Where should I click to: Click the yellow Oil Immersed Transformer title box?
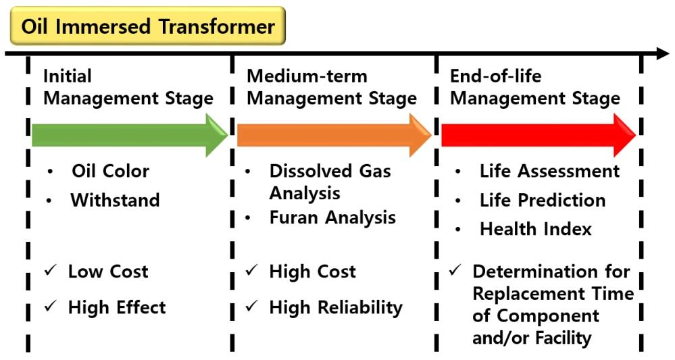click(x=148, y=26)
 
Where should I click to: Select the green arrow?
click(x=130, y=135)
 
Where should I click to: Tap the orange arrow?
click(x=334, y=135)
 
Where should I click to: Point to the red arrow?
click(x=539, y=135)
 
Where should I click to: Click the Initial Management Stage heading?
click(x=128, y=87)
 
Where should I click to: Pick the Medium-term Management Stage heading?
click(x=332, y=87)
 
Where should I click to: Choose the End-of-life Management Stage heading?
click(x=535, y=87)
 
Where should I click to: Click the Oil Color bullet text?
click(x=111, y=171)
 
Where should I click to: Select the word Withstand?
click(x=116, y=200)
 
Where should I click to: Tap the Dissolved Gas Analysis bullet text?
click(x=330, y=182)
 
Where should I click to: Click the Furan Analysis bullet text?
click(x=332, y=217)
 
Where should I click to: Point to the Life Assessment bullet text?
click(x=550, y=171)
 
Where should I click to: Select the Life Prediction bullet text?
click(x=543, y=200)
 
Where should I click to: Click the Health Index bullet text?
click(x=536, y=229)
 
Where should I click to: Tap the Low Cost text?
click(x=108, y=272)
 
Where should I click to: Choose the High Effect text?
click(x=117, y=307)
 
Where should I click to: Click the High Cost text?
click(x=313, y=272)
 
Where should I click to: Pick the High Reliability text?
click(x=336, y=308)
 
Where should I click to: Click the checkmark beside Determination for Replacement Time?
click(x=455, y=271)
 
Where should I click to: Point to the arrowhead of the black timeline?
click(x=662, y=54)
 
